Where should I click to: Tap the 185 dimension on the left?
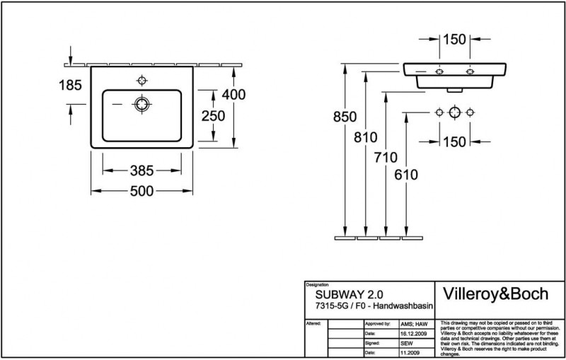pyautogui.click(x=69, y=84)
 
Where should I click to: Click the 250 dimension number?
pyautogui.click(x=212, y=116)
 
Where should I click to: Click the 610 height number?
pyautogui.click(x=407, y=174)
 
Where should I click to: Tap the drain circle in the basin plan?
pyautogui.click(x=142, y=105)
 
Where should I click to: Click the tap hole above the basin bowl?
pyautogui.click(x=141, y=79)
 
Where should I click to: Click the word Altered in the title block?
pyautogui.click(x=314, y=322)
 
